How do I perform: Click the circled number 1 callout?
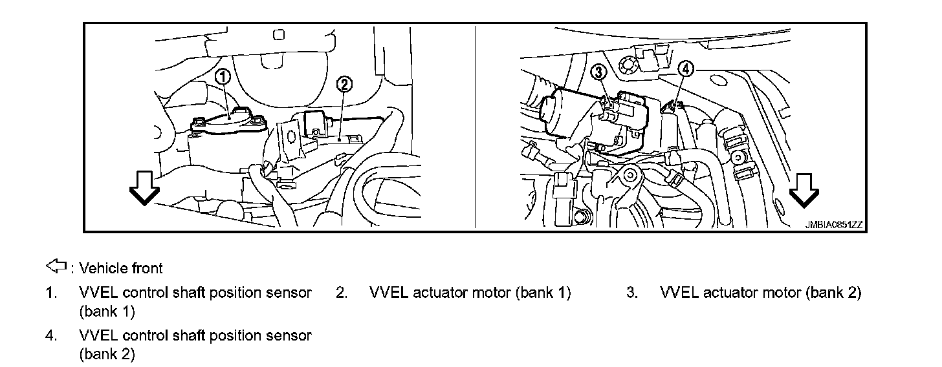(223, 77)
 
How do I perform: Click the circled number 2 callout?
(345, 84)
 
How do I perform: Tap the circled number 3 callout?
(599, 71)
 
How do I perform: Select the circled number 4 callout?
(686, 68)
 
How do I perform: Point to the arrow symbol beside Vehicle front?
(57, 266)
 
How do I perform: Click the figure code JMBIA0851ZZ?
(834, 225)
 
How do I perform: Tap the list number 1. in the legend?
(50, 293)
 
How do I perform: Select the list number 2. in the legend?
(342, 293)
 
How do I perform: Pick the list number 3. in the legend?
(632, 293)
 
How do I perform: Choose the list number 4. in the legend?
(50, 336)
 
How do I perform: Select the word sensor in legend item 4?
(289, 336)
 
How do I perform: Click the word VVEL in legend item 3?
(678, 293)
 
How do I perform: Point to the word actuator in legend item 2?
(439, 293)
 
